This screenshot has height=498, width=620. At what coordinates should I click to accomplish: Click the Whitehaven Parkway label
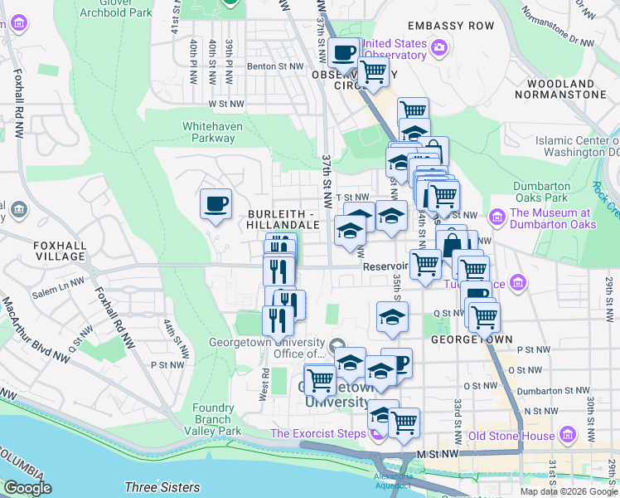(209, 132)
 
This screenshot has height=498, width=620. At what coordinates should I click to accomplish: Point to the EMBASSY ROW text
(450, 26)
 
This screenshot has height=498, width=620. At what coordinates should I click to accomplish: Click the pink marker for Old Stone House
(567, 434)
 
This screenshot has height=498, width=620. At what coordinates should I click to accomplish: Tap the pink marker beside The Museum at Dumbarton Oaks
(497, 217)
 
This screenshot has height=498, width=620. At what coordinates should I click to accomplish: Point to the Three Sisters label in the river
(162, 487)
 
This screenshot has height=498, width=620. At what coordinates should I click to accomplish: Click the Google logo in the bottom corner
(27, 488)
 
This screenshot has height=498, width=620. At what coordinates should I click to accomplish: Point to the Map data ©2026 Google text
(569, 491)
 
